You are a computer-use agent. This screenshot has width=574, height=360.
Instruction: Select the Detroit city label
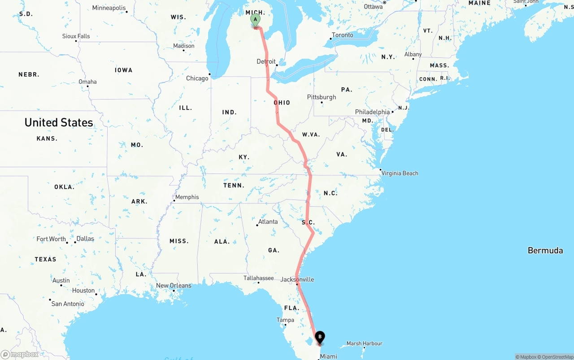point(266,61)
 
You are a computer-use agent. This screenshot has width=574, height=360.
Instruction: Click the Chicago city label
point(197,78)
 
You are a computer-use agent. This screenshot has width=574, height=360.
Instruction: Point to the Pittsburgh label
point(322,97)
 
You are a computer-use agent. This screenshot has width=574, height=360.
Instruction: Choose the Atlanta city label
point(268,221)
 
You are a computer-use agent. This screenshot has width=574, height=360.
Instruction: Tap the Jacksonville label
point(297,279)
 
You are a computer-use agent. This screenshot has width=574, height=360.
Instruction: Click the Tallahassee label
point(258,278)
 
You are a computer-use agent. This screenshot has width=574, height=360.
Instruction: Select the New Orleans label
point(174,286)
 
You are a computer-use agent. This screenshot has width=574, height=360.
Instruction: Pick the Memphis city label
point(187,197)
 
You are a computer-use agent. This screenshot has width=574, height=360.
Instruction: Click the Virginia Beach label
point(400,173)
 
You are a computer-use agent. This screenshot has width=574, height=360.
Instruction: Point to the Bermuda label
point(545,251)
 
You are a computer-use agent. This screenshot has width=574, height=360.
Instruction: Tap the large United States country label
point(59,122)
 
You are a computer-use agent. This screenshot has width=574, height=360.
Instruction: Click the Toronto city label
point(343,35)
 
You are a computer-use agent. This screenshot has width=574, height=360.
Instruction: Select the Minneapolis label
point(109,8)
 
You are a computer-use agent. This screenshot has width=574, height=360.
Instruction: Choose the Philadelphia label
point(372,112)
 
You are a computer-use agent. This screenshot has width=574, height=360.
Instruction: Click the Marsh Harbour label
point(364,343)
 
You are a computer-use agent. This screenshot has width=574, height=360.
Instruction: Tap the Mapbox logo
point(20,355)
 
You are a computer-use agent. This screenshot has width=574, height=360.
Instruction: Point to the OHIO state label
point(282,103)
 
